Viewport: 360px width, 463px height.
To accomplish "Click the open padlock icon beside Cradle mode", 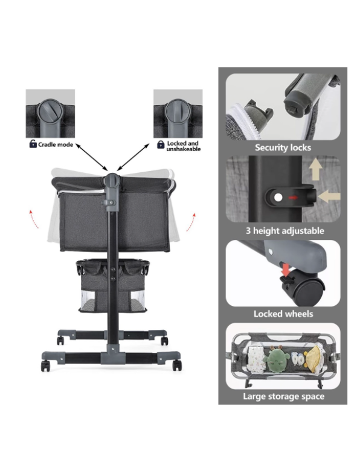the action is [x=33, y=144].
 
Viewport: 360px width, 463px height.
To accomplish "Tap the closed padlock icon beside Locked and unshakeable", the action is [x=161, y=144].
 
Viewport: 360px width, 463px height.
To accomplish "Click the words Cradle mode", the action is [x=56, y=144].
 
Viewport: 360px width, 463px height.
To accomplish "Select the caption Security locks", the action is [x=283, y=147].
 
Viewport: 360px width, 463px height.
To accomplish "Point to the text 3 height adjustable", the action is [x=284, y=231].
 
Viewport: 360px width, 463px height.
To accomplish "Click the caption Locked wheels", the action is [x=283, y=314].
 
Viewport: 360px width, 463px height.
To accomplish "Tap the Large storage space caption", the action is [x=283, y=397].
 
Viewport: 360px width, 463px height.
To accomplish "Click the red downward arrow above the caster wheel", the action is [x=285, y=270].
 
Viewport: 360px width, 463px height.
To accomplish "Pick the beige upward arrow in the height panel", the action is [x=315, y=169].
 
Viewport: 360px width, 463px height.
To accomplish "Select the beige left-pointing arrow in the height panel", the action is [x=330, y=196].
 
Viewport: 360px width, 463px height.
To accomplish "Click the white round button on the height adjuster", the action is [x=278, y=198].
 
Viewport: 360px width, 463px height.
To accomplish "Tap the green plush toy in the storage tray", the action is [x=276, y=360].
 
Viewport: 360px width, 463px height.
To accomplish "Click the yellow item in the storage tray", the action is [x=313, y=360].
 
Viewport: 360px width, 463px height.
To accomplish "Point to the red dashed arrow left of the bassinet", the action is [x=34, y=219].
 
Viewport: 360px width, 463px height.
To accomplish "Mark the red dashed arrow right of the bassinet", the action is [x=191, y=222].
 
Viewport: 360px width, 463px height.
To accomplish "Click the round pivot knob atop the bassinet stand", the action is [x=113, y=180].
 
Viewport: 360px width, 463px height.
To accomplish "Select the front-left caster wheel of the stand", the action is [x=45, y=366].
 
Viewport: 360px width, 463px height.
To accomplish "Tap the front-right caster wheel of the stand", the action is [x=177, y=366].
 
